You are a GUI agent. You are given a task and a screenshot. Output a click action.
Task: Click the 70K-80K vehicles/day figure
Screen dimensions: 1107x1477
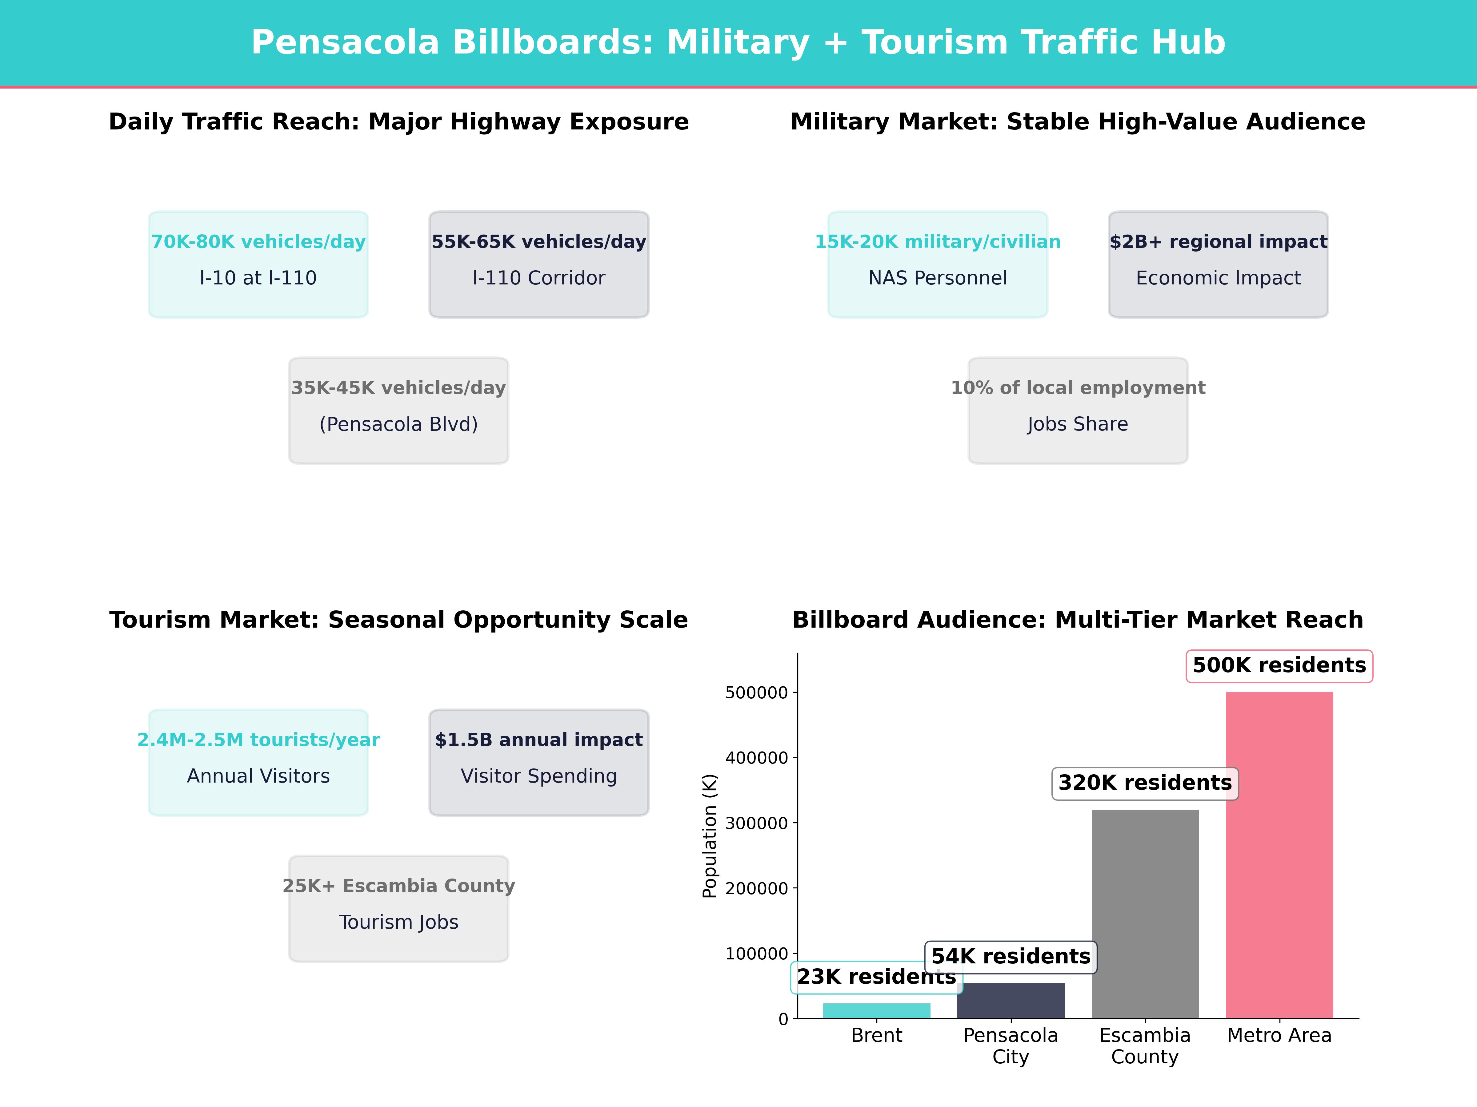[x=258, y=242]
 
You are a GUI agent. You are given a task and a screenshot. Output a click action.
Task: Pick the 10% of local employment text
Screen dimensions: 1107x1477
[x=1078, y=388]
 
